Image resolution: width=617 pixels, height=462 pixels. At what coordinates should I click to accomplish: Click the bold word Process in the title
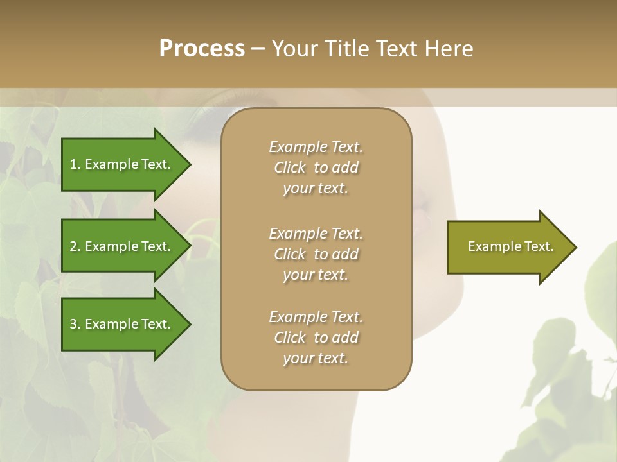click(202, 49)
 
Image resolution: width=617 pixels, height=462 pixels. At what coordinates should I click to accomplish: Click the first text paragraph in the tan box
click(316, 167)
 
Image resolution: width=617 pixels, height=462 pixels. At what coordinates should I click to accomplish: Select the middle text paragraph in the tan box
click(316, 254)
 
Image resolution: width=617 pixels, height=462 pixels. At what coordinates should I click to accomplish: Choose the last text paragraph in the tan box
click(316, 338)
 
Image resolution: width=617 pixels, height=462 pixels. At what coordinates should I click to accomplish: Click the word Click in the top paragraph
click(290, 167)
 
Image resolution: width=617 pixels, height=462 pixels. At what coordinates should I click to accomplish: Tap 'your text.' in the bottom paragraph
click(316, 359)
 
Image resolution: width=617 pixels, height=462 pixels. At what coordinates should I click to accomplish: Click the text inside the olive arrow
click(510, 246)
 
